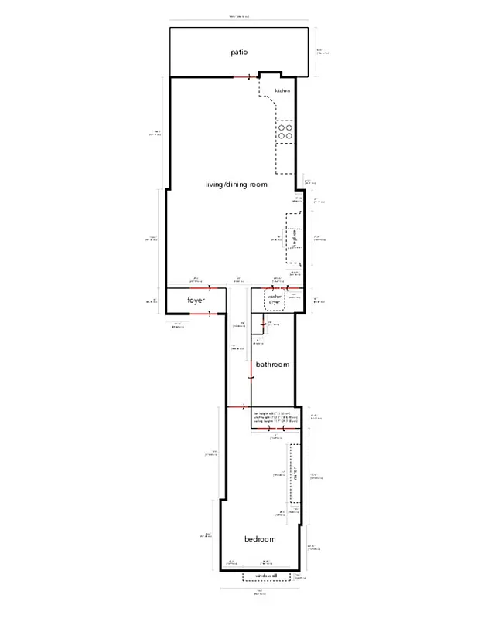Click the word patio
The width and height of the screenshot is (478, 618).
point(239,53)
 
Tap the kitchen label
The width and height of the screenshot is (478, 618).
point(282,91)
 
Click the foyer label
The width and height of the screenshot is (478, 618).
point(195,300)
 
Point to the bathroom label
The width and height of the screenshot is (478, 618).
point(272,365)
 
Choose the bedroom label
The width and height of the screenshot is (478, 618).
point(260,539)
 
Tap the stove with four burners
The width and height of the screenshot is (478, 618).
point(285,131)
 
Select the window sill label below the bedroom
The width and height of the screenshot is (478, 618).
point(266,576)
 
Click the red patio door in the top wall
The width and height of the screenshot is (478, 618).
point(247,77)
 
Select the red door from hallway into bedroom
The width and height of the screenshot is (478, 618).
point(239,406)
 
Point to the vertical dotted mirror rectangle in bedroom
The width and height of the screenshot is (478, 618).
point(293,474)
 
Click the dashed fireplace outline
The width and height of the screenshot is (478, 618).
point(294,240)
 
